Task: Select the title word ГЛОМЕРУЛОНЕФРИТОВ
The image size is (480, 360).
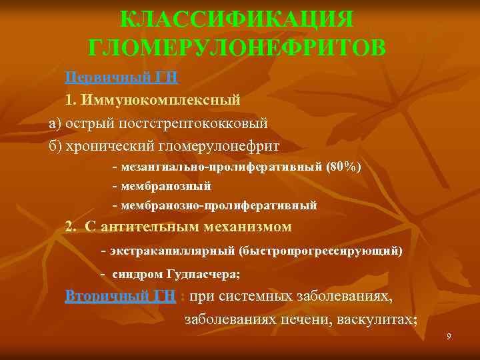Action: click(236, 48)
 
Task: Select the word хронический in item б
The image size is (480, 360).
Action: click(112, 145)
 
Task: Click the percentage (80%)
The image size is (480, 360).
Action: click(343, 167)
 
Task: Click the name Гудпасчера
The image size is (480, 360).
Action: click(202, 274)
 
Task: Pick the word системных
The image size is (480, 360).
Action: click(253, 296)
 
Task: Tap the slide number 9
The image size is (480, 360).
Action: click(449, 338)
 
